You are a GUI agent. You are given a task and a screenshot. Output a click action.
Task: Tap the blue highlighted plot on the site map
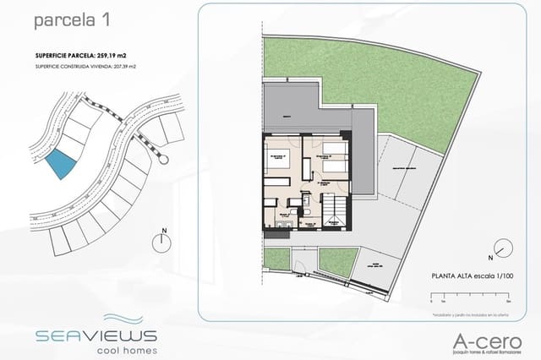59,163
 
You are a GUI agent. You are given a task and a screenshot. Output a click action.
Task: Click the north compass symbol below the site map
161,241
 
